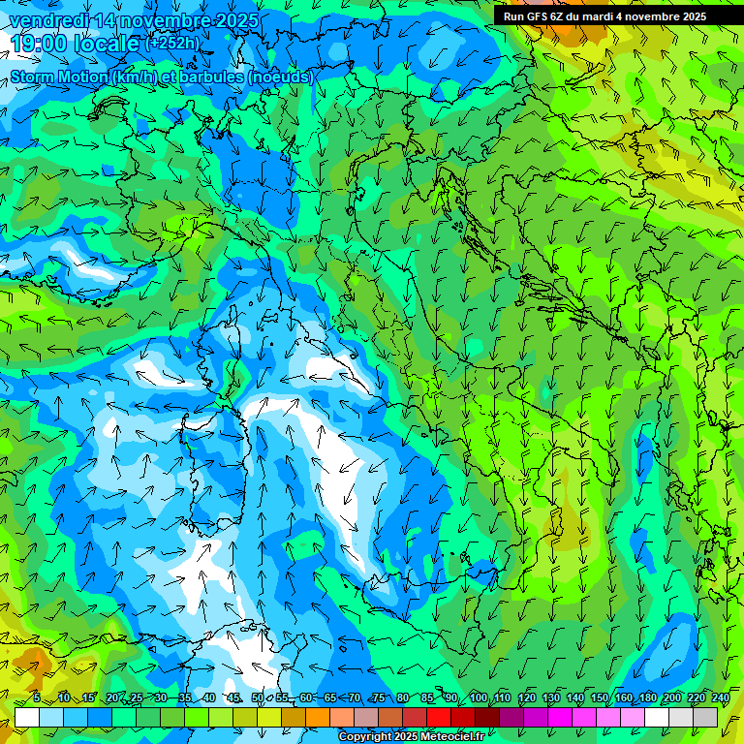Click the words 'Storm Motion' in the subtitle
58,77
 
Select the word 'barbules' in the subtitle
211,77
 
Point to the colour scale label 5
37,698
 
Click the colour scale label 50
258,698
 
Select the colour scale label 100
478,698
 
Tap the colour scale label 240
721,698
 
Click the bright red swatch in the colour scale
439,717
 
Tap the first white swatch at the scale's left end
27,717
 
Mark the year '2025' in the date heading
236,20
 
